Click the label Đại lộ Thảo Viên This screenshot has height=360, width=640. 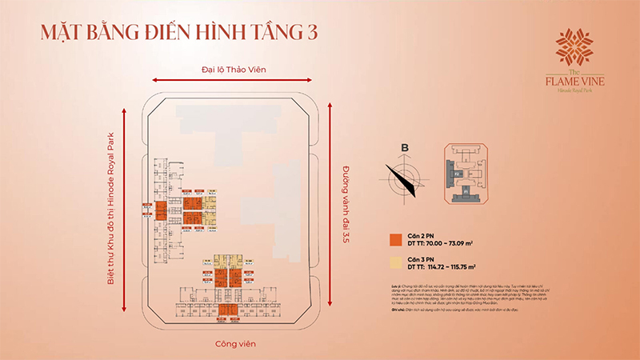tap(234, 70)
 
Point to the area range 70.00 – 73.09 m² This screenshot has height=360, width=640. tap(449, 244)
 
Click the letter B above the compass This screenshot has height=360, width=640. tap(406, 147)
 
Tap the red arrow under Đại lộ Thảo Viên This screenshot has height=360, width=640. tap(234, 81)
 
